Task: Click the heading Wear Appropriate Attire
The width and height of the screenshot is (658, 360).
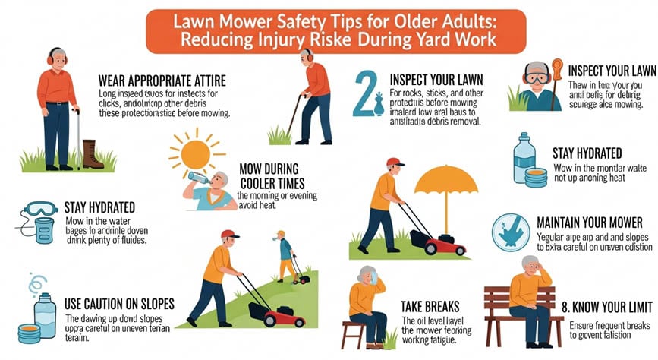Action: tap(161, 81)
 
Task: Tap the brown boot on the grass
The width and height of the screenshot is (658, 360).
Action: tap(92, 153)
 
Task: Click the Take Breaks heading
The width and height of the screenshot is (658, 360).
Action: tap(430, 306)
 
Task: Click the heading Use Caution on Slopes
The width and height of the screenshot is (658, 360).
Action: tap(120, 304)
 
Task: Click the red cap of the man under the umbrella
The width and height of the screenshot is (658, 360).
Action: tap(395, 162)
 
